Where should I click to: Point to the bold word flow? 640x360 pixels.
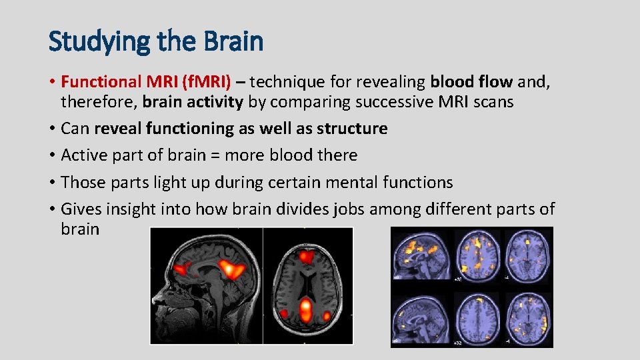[x=495, y=82]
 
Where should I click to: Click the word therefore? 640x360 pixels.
[x=97, y=102]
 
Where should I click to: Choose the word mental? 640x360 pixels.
[x=351, y=182]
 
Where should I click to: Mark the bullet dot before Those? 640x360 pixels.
[x=52, y=183]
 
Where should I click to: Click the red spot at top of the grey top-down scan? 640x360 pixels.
[x=307, y=255]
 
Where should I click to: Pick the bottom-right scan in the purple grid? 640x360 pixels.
[x=528, y=315]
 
